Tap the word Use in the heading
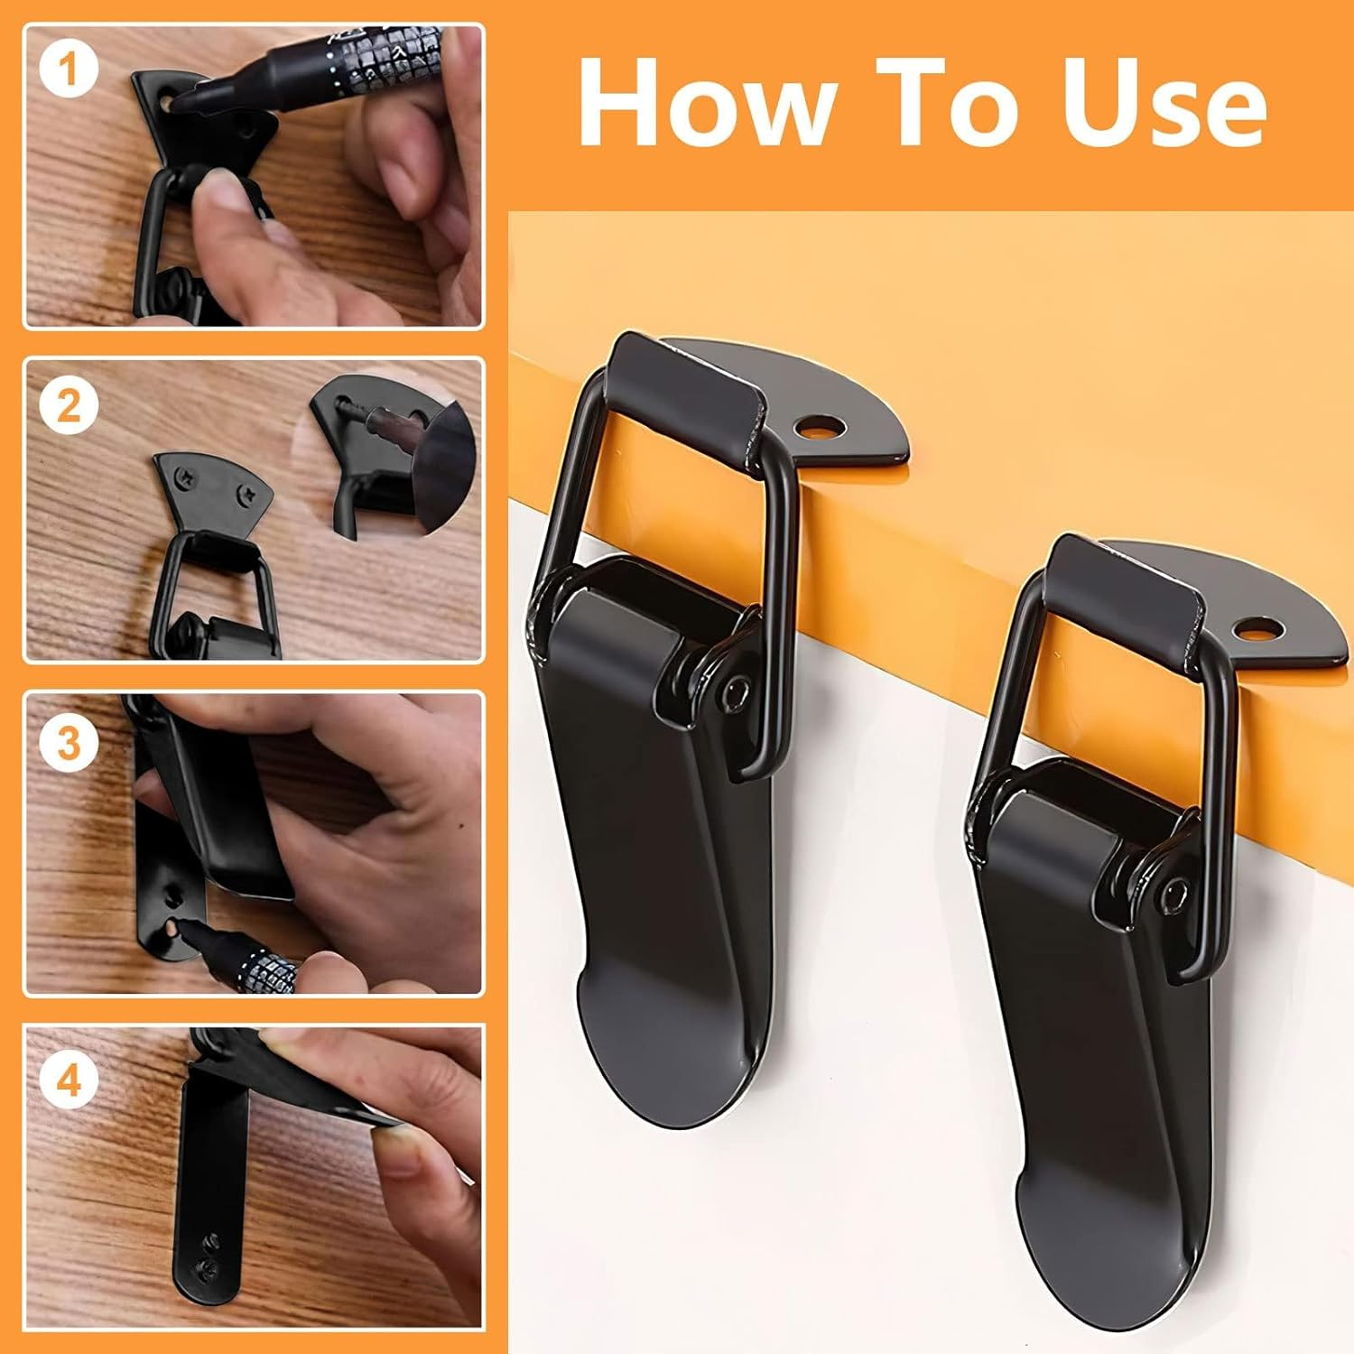tap(1164, 101)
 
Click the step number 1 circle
tap(69, 70)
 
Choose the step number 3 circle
tap(69, 742)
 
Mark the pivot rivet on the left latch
tap(739, 691)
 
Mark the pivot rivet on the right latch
tap(1171, 893)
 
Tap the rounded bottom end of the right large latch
tap(1101, 1273)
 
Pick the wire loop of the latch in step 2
tap(217, 578)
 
